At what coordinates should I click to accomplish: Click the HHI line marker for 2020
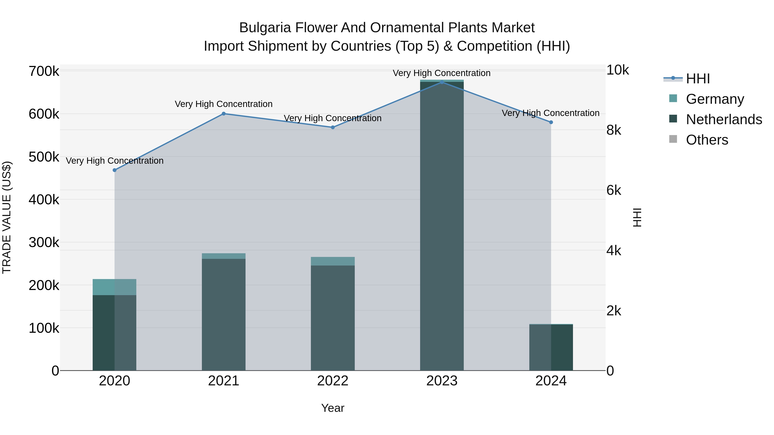(x=114, y=170)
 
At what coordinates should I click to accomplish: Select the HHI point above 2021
(x=224, y=114)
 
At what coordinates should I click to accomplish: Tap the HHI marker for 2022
(x=333, y=127)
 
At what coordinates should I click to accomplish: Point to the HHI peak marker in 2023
(x=442, y=82)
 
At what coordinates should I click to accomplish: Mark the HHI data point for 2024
(x=551, y=122)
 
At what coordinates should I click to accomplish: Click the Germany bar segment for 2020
(x=114, y=287)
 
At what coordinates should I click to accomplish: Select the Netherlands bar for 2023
(x=442, y=225)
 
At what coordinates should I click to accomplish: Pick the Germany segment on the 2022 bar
(x=333, y=261)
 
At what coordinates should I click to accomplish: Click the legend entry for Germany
(x=715, y=99)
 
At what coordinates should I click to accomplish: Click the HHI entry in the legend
(x=698, y=79)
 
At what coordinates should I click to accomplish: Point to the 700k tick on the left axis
(x=44, y=72)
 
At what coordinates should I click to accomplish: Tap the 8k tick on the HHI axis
(x=614, y=130)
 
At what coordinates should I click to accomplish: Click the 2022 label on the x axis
(x=333, y=381)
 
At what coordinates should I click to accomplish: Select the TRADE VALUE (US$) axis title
(x=7, y=217)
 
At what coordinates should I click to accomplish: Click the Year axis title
(x=333, y=408)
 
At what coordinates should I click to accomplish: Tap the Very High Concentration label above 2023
(x=441, y=73)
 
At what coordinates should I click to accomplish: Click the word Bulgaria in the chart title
(x=265, y=28)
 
